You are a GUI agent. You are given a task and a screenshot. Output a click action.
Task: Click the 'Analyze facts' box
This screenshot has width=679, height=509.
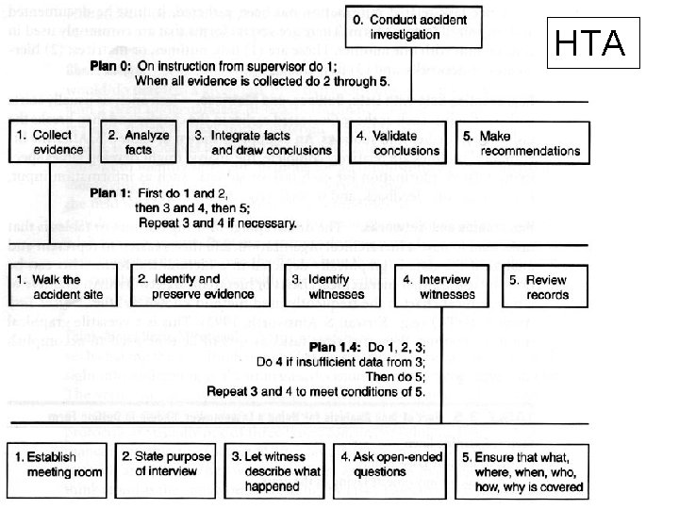(x=139, y=142)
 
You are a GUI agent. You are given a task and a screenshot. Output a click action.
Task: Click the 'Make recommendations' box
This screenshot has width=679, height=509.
(x=524, y=142)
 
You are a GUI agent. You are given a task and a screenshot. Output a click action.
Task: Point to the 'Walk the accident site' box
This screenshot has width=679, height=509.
(x=58, y=287)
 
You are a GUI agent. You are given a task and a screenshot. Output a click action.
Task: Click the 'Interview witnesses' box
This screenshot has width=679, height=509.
(x=443, y=287)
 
